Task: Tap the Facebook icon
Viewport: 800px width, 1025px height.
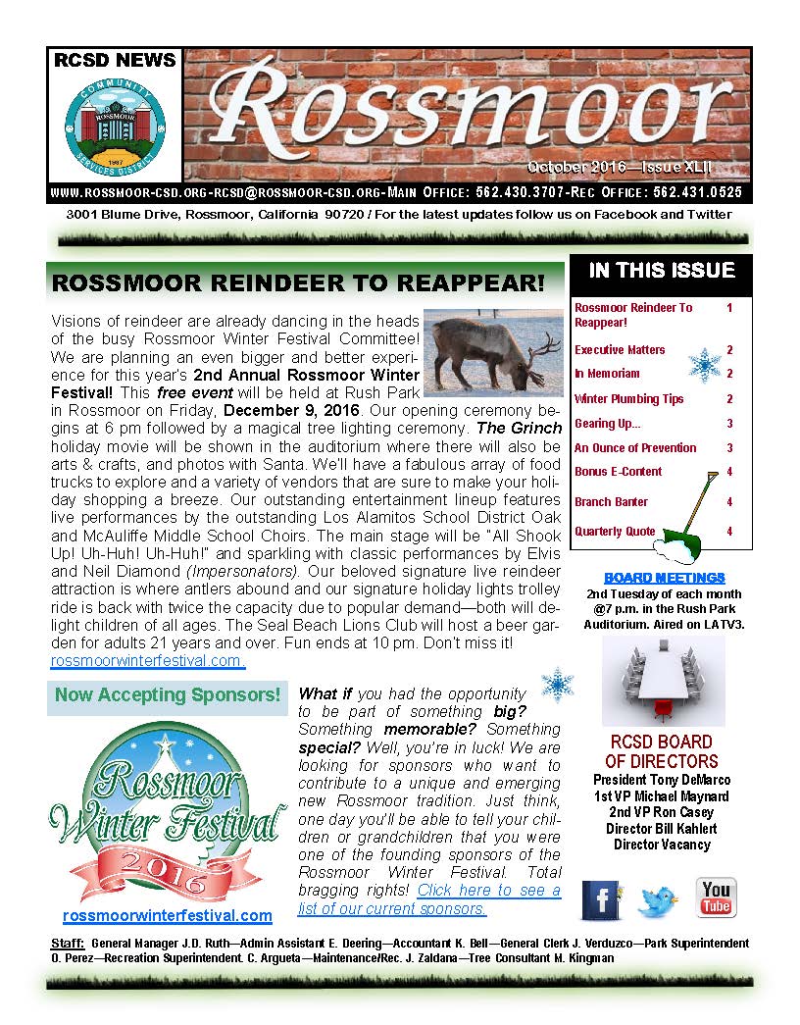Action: tap(601, 899)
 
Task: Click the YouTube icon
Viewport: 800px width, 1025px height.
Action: tap(716, 897)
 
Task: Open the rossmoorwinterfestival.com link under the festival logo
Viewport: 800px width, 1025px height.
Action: tap(167, 915)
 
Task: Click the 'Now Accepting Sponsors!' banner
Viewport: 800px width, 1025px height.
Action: tap(168, 695)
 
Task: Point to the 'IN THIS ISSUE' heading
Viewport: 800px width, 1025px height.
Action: tap(661, 271)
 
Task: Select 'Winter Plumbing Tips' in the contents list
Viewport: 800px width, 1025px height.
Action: tap(628, 399)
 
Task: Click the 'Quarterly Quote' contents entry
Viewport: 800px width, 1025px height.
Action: tap(615, 532)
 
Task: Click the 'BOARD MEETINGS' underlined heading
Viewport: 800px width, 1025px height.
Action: tap(664, 578)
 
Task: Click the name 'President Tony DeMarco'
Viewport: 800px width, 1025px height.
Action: tap(661, 780)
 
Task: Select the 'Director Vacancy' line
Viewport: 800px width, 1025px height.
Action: tap(661, 845)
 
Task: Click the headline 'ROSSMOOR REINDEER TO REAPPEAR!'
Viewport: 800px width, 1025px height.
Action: tap(297, 283)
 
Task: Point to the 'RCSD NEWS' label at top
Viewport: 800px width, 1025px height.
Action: tap(115, 61)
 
